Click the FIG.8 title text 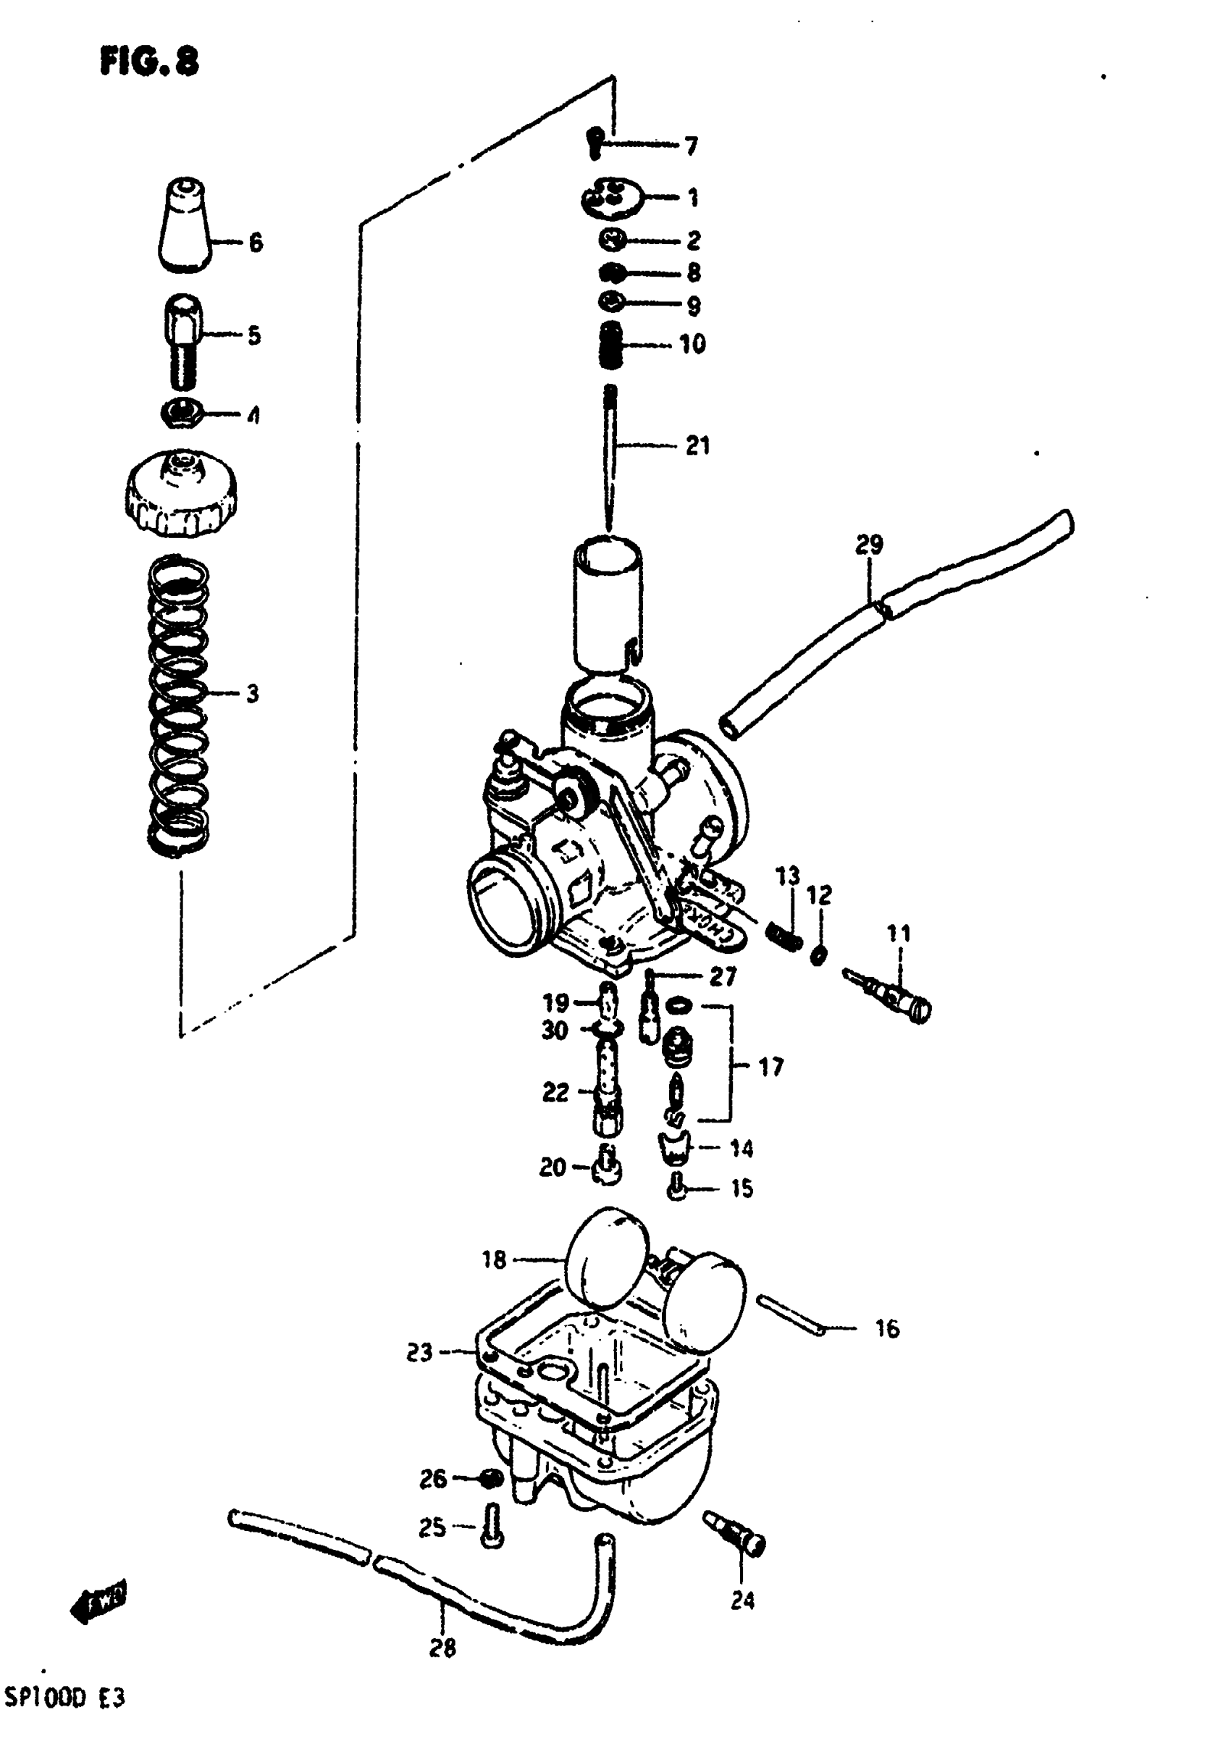(x=149, y=61)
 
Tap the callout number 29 (x=868, y=545)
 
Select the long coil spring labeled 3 (x=177, y=705)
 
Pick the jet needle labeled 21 (x=610, y=457)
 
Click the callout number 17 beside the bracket (x=771, y=1068)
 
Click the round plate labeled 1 (x=610, y=197)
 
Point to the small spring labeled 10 (x=611, y=344)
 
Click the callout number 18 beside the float (x=494, y=1260)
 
